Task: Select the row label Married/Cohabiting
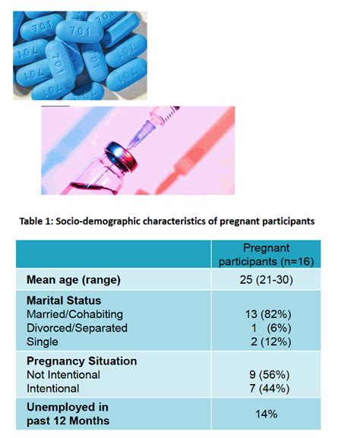pyautogui.click(x=74, y=314)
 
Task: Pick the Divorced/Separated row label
pyautogui.click(x=77, y=328)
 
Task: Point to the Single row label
pyautogui.click(x=43, y=342)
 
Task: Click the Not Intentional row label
pyautogui.click(x=63, y=374)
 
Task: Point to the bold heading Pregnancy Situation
pyautogui.click(x=81, y=361)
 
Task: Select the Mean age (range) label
pyautogui.click(x=74, y=279)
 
